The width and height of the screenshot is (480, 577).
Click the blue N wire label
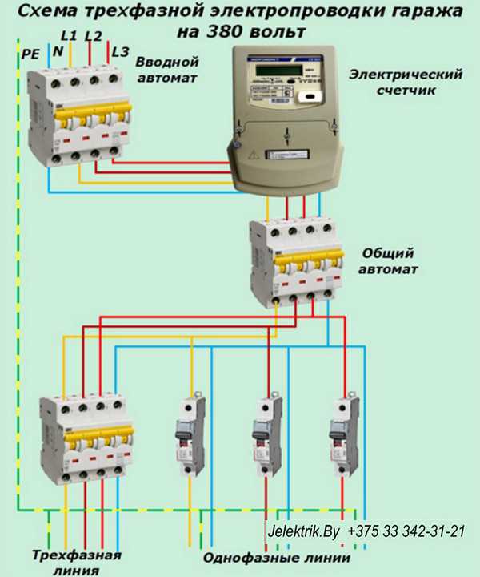57,51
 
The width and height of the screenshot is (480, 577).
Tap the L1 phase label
70,36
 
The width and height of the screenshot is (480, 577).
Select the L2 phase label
93,36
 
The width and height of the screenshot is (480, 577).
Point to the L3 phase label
120,51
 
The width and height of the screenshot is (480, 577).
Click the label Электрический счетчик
406,83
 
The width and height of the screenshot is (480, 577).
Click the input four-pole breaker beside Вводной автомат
79,116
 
